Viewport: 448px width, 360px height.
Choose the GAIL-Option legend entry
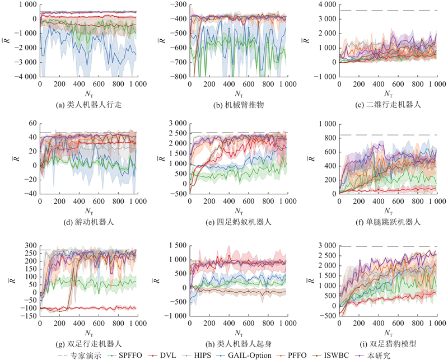244,356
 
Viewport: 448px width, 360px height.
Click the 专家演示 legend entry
80,356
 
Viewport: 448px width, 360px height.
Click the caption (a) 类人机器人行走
89,105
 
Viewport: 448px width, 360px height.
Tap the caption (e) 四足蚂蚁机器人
239,222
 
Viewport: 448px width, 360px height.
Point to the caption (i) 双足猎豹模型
389,344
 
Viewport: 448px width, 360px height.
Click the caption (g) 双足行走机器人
89,344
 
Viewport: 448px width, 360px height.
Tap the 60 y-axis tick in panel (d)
33,123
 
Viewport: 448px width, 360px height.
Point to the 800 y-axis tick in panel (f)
330,138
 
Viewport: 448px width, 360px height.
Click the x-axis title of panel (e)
239,211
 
